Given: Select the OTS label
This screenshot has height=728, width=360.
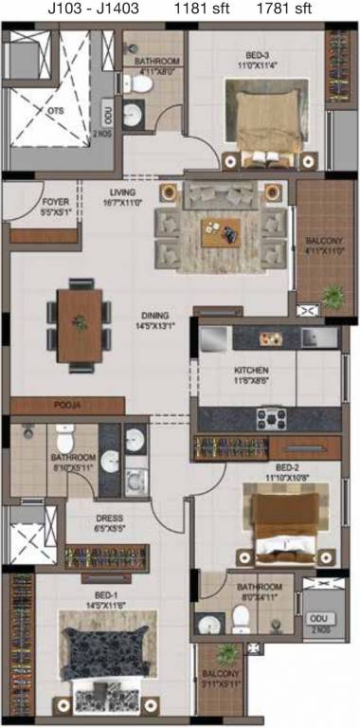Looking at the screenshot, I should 56,110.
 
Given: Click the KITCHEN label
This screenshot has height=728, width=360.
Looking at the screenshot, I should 252,370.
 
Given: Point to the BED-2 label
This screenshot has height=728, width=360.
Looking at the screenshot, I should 288,468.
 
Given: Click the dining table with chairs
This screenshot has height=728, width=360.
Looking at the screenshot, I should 80,323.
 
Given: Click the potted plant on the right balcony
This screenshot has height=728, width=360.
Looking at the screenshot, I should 333,296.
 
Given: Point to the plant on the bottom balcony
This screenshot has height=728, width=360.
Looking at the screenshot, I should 226,653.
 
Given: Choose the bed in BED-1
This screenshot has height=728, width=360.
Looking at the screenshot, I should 105,664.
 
